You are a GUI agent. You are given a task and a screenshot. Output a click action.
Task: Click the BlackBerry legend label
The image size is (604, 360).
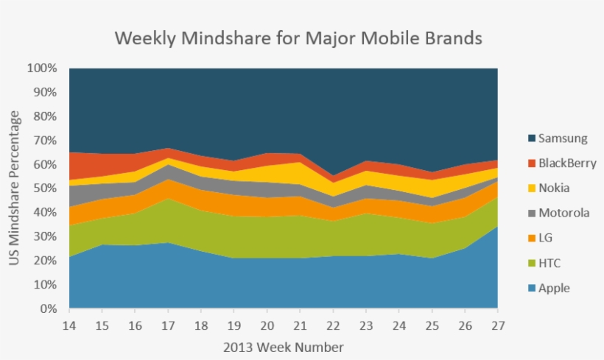click(x=567, y=163)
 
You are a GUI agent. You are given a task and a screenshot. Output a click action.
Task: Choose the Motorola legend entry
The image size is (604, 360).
click(x=564, y=213)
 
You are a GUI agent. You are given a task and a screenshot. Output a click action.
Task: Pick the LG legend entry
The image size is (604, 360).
click(x=547, y=238)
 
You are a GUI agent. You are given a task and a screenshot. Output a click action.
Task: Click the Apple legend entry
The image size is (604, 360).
click(x=554, y=288)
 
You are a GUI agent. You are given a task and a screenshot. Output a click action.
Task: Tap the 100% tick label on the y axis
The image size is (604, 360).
click(x=42, y=68)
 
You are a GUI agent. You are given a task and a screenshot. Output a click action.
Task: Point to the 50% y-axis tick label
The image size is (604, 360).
click(x=45, y=188)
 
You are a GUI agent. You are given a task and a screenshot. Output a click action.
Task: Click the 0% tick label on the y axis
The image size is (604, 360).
click(x=48, y=309)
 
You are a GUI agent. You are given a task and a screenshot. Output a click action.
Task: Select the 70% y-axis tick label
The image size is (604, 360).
click(x=45, y=141)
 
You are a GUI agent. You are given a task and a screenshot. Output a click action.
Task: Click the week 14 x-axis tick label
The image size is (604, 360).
click(x=70, y=325)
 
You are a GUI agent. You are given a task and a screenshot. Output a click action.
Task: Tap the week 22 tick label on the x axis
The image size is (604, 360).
click(x=333, y=325)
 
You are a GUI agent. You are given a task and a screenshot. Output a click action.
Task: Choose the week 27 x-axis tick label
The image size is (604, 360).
click(x=497, y=325)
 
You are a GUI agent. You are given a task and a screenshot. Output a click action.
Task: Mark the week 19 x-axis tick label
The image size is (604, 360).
click(x=234, y=325)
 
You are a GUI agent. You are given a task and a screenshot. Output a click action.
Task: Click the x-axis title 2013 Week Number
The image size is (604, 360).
click(x=284, y=346)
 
